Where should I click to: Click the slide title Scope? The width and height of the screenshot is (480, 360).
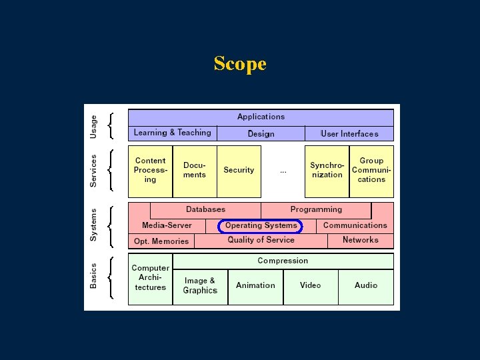tap(240, 64)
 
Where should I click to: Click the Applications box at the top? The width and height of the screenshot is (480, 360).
tap(261, 117)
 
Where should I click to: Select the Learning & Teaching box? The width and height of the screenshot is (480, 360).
tap(172, 133)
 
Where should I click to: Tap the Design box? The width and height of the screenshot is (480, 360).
tap(261, 133)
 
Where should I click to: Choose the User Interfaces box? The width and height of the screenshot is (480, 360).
tap(349, 133)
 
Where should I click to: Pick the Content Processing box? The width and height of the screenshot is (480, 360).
tap(150, 171)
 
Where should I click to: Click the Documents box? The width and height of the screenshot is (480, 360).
tap(195, 171)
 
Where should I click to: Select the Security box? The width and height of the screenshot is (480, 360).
tap(239, 171)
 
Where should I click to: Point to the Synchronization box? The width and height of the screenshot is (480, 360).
tap(327, 171)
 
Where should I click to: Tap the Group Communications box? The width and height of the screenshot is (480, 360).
tap(371, 171)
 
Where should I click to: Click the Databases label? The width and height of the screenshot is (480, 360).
tap(205, 209)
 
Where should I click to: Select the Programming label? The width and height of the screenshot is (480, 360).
tap(316, 209)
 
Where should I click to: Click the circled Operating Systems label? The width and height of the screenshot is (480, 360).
tap(261, 226)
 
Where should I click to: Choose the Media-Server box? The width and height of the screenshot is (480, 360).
tap(167, 225)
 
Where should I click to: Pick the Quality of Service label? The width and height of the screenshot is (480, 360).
tap(261, 240)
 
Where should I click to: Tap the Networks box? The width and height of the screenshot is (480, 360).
tap(361, 240)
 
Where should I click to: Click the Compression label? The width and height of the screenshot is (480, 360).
tap(283, 261)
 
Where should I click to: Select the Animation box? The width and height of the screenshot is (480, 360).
tap(255, 285)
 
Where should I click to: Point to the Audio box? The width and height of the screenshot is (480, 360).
tap(366, 285)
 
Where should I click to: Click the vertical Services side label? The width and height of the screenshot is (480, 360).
tap(93, 171)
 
